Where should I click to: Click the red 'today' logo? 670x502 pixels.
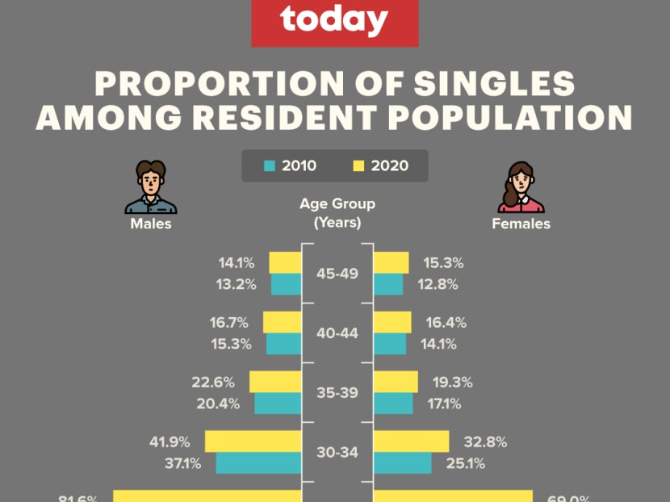(334, 22)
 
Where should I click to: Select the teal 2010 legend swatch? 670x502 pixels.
(270, 166)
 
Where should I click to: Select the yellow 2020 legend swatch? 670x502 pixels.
(359, 166)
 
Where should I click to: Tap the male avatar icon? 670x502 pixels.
(151, 186)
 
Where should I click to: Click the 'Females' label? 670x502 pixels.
(521, 224)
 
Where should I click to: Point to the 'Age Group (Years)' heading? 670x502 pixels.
(337, 213)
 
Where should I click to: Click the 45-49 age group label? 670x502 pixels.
(337, 274)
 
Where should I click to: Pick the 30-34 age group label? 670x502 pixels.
(337, 452)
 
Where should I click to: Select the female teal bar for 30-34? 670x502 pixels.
(402, 462)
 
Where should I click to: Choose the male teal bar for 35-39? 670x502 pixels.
(277, 404)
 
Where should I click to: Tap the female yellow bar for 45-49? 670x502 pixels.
(392, 263)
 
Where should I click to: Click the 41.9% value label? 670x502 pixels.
(170, 441)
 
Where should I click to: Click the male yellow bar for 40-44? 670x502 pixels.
(282, 323)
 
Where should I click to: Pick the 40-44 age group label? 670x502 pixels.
(337, 333)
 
